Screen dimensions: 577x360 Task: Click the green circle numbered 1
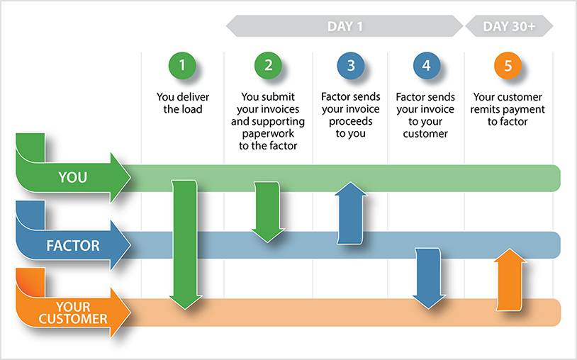tap(182, 65)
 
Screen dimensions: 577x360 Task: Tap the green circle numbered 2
tap(268, 65)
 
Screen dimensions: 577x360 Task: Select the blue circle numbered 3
tap(351, 65)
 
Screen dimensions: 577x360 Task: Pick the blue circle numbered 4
tap(427, 65)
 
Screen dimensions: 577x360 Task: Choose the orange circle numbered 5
tap(508, 66)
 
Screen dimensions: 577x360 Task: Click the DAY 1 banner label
tap(344, 26)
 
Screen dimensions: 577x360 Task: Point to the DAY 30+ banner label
tap(509, 26)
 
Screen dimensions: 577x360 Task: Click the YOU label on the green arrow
tap(72, 178)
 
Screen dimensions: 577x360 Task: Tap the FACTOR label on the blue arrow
tap(73, 246)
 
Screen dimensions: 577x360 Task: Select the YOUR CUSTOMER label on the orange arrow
tap(73, 313)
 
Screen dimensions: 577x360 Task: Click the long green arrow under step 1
tap(185, 244)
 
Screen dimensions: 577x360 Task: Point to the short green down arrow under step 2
tap(268, 212)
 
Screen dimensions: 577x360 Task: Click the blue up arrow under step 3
tap(351, 213)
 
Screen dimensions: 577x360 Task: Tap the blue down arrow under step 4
tap(428, 279)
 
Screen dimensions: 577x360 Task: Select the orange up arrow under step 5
tap(510, 279)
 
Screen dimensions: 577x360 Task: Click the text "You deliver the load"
tap(183, 103)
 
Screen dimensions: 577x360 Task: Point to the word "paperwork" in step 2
tap(268, 134)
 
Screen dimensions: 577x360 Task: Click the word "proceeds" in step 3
tap(351, 122)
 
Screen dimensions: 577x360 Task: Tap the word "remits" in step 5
tap(487, 110)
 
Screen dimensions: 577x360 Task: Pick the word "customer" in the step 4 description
tap(425, 134)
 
